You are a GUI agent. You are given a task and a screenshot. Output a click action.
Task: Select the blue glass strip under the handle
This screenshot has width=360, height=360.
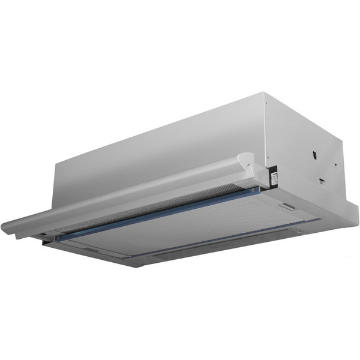[x=156, y=214]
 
